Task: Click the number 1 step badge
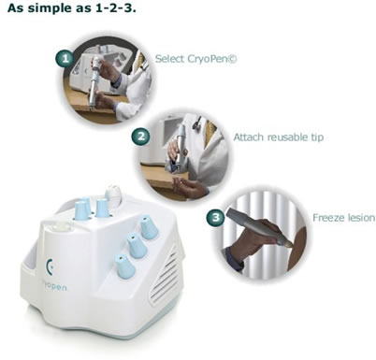pos(65,58)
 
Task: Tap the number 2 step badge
pos(140,137)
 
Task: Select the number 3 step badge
pos(215,217)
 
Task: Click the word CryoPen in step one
pos(211,59)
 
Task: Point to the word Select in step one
pos(170,58)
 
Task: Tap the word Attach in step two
pos(249,137)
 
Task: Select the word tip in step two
pos(317,137)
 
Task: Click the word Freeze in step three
pos(327,217)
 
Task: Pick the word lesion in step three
pos(360,217)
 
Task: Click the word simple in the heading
pos(50,7)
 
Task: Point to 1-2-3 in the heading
pos(115,7)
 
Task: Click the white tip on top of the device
pos(113,194)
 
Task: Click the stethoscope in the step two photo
pos(197,123)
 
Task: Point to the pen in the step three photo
pos(259,226)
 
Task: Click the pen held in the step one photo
pos(94,82)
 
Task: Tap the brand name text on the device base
pos(54,285)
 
